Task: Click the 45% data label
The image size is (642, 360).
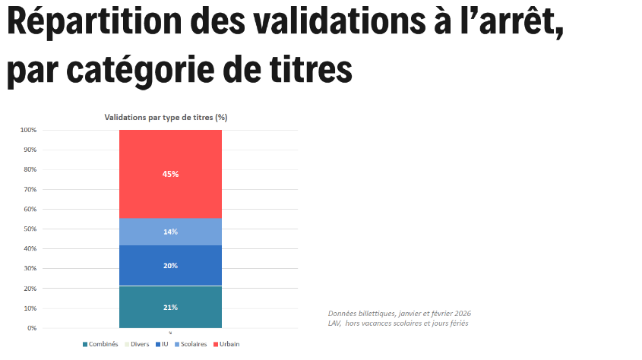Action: [x=170, y=174]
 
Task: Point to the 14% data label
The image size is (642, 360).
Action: [x=170, y=232]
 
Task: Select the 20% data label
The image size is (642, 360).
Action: [x=170, y=266]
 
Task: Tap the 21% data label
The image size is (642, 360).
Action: [x=170, y=308]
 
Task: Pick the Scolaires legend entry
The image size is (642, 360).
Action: [x=191, y=345]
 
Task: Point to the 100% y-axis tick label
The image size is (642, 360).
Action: [x=28, y=130]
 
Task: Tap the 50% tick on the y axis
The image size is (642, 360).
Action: [x=30, y=229]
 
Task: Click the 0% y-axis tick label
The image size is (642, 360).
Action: [x=31, y=328]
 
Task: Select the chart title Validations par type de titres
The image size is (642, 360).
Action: [x=166, y=118]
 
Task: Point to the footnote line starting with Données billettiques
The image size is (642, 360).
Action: [x=405, y=314]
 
